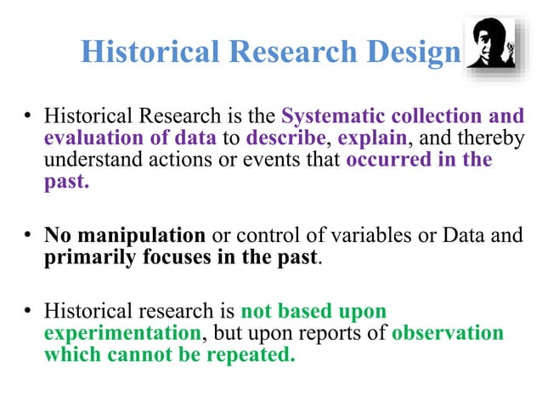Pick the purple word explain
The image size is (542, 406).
point(363,138)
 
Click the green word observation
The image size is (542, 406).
point(448,332)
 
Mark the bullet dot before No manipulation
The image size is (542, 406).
point(28,235)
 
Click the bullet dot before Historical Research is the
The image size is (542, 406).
point(28,116)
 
